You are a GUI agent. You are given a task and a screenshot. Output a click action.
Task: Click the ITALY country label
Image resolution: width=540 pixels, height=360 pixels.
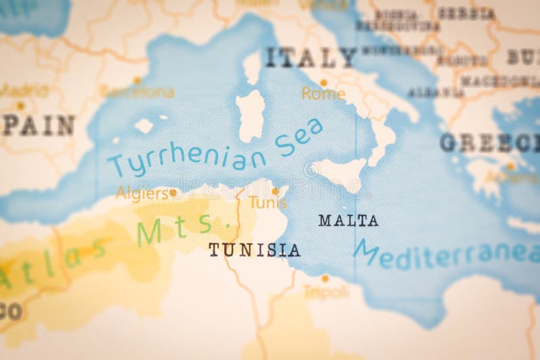[310, 57]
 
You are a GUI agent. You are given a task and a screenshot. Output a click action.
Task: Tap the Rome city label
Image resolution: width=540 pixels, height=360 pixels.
[323, 94]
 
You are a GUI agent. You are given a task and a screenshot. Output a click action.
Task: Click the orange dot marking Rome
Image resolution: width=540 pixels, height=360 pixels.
[323, 82]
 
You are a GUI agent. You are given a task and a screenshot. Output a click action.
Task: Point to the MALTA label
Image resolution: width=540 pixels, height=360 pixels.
[348, 220]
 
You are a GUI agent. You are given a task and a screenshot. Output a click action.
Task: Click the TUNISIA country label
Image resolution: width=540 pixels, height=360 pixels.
[254, 250]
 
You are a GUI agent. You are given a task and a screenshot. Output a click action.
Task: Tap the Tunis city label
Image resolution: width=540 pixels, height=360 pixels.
[267, 203]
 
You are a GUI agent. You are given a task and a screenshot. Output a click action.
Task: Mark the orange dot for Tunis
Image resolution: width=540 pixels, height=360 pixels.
[275, 191]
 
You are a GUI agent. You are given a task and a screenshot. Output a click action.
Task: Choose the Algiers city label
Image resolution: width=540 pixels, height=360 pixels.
[142, 193]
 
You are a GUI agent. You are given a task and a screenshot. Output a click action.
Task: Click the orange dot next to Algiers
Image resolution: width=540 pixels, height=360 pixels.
[173, 192]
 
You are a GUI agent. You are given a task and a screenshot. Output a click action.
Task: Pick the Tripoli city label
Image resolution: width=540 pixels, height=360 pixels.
[326, 292]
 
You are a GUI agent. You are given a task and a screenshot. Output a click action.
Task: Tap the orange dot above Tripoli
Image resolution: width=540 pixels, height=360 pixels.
[325, 278]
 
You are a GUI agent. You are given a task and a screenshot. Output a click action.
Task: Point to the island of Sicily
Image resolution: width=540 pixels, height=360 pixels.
[340, 173]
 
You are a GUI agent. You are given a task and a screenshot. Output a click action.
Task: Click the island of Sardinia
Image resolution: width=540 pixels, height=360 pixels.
[250, 116]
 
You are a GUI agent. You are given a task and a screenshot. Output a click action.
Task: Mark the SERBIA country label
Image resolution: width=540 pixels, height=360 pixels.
[466, 13]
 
